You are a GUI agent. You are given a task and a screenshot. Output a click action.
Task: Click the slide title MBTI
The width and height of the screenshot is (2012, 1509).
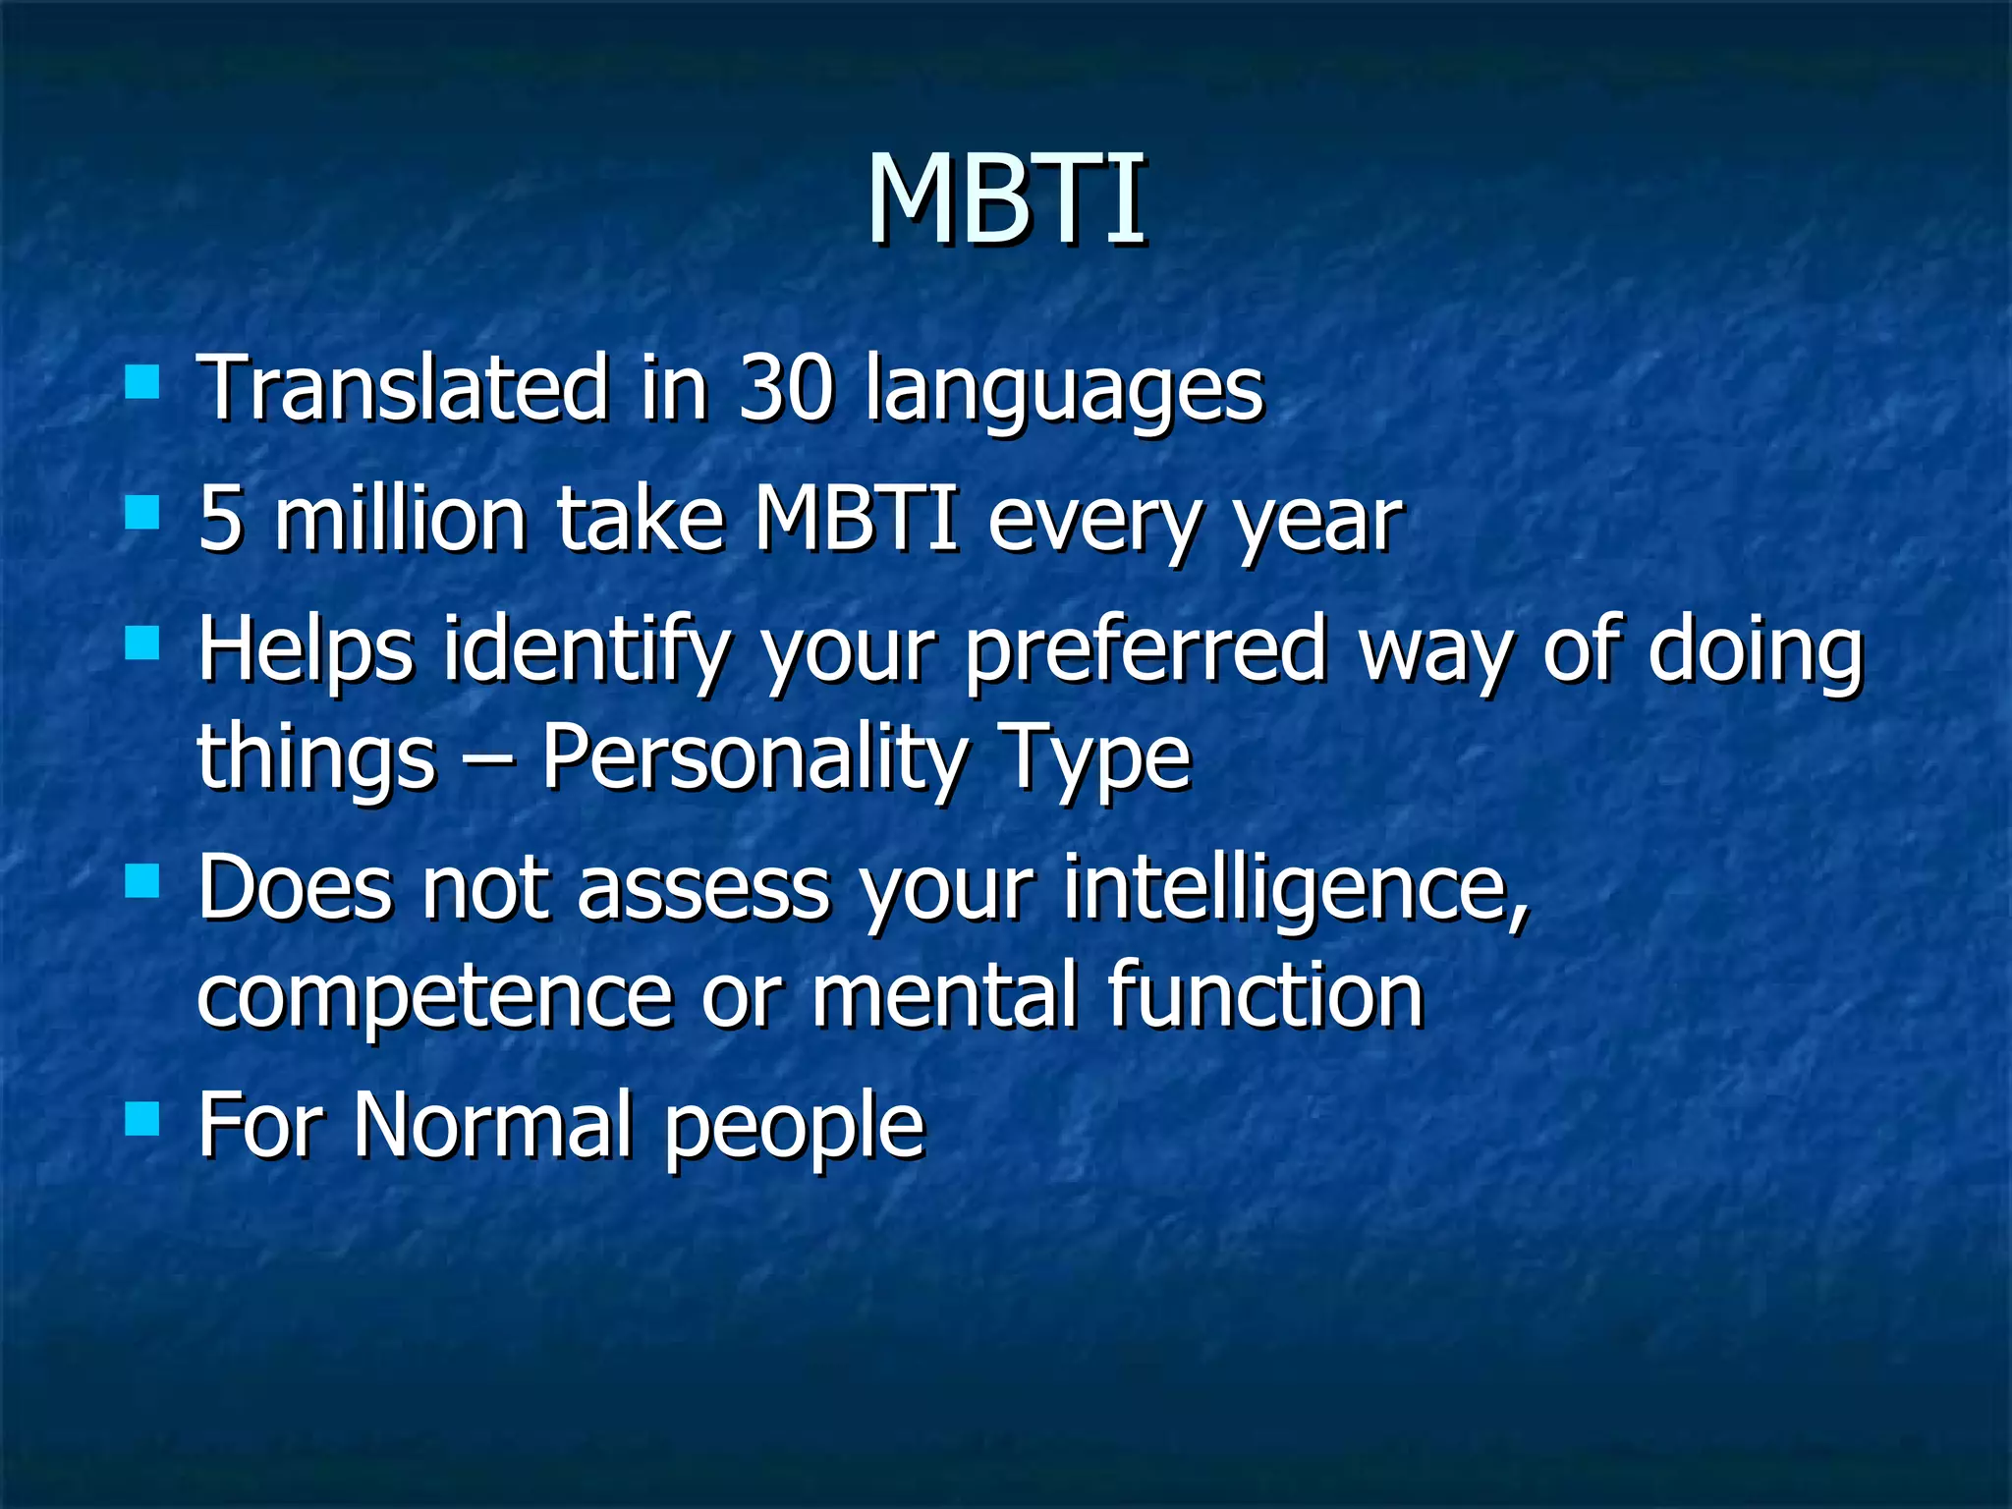coord(1006,201)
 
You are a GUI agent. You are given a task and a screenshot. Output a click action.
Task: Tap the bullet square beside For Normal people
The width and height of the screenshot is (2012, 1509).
coord(142,1118)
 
